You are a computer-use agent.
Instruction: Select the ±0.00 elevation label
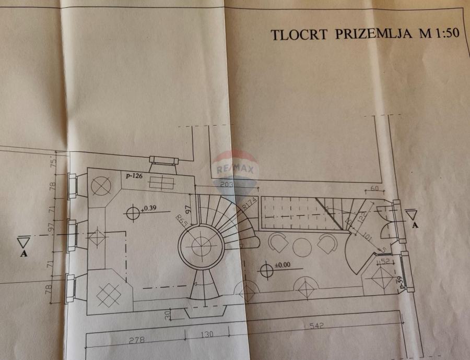(283, 265)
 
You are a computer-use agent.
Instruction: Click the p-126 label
(134, 176)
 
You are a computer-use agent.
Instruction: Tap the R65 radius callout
(181, 220)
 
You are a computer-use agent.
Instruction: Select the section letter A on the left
(23, 254)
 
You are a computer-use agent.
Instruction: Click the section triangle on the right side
(411, 214)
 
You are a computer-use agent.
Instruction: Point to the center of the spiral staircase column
(201, 244)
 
